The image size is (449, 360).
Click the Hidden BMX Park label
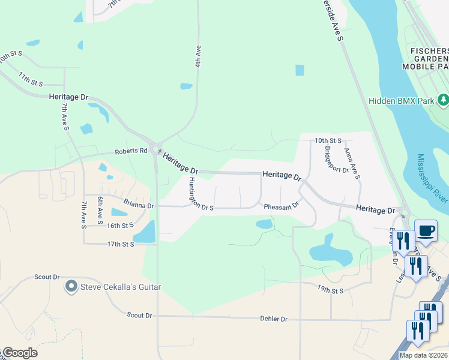[x=401, y=101]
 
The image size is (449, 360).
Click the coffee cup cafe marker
[x=426, y=230]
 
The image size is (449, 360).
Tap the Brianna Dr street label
[x=139, y=205]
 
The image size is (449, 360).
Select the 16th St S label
[x=119, y=226]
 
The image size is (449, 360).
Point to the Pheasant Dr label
[x=282, y=206]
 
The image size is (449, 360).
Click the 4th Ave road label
[x=197, y=55]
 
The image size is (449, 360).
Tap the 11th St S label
[x=31, y=79]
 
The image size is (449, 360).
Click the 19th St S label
[x=330, y=290]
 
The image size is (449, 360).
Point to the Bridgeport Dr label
[x=336, y=159]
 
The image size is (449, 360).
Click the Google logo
[x=20, y=353]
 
